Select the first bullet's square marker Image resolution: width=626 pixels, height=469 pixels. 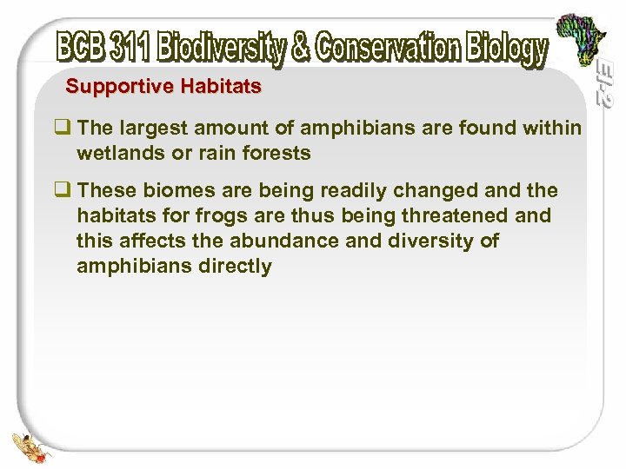click(x=63, y=129)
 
